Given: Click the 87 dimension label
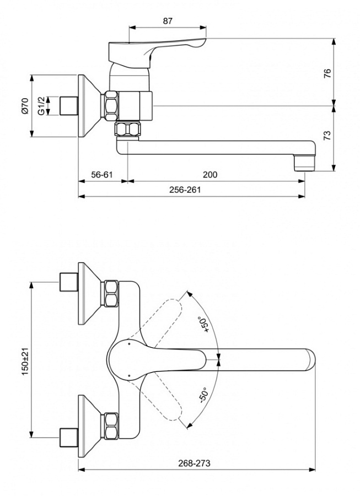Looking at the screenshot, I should [168, 21].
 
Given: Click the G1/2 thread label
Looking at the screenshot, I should [41, 105].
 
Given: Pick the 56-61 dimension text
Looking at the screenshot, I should [102, 175].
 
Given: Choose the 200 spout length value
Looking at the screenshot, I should [210, 175].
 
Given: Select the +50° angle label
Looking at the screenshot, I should [205, 326].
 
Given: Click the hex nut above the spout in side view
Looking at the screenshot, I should [127, 131].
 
